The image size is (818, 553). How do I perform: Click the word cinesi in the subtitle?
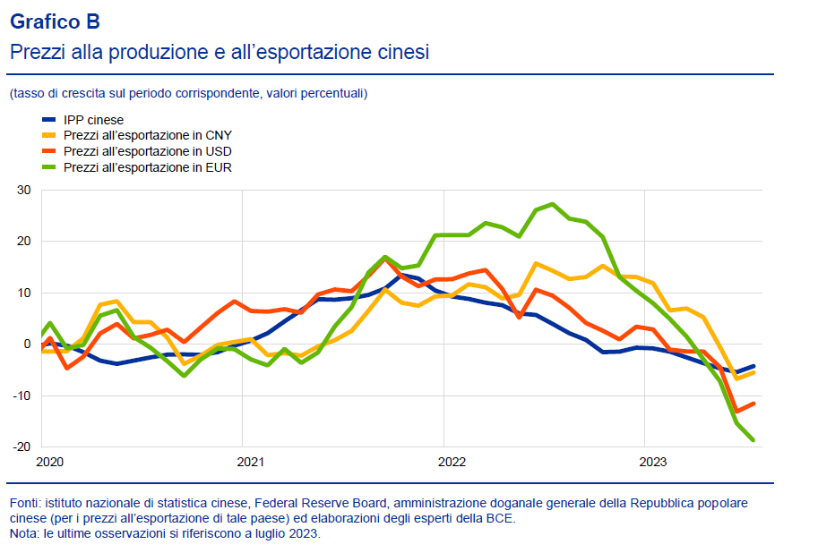(401, 52)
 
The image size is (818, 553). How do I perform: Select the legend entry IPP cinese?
(93, 120)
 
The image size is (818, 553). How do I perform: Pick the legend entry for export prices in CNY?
(147, 135)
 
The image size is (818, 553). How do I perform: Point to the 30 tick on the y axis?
(23, 190)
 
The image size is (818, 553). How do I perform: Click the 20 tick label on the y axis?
(23, 242)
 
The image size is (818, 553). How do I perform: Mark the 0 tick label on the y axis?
(27, 345)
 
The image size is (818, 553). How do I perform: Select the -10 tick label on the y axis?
(22, 396)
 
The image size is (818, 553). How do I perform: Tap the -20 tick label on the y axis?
(22, 447)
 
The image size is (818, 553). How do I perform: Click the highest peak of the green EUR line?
(552, 204)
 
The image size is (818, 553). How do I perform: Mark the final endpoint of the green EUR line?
(753, 439)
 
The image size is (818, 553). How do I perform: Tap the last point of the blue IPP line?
(753, 366)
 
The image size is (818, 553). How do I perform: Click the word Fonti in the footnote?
(25, 503)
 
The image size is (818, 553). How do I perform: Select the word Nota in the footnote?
(24, 533)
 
